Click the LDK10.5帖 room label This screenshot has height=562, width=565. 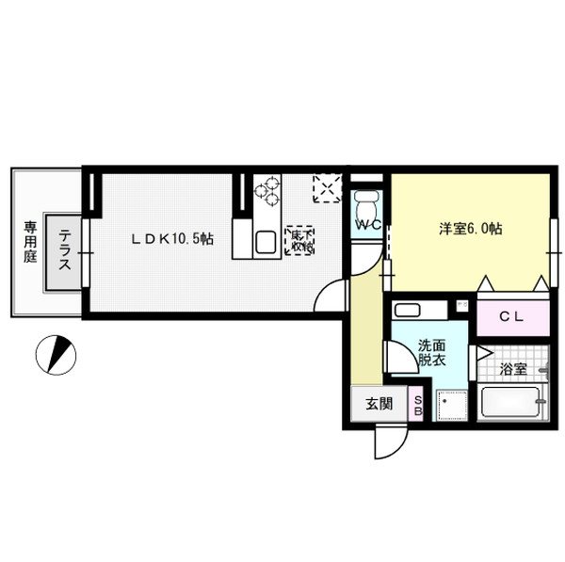(x=172, y=239)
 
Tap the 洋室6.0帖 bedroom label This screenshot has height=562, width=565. (x=470, y=229)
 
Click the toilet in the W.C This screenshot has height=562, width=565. (x=366, y=205)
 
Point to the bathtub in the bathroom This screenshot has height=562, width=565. (x=512, y=407)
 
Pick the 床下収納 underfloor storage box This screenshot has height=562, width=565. (x=300, y=241)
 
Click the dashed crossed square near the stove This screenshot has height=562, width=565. (x=327, y=188)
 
